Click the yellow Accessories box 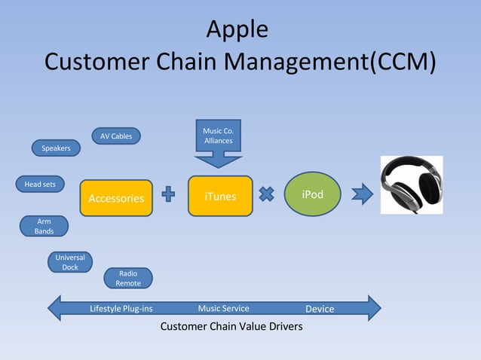click(116, 198)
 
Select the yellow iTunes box click(220, 196)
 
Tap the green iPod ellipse click(312, 195)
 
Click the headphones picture click(411, 185)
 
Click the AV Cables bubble click(116, 136)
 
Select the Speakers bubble click(56, 148)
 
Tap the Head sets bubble click(40, 184)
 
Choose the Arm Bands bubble click(44, 226)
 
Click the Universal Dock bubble click(70, 262)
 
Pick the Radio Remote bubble click(127, 278)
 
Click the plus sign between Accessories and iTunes click(169, 196)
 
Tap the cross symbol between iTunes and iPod click(266, 195)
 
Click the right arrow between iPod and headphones click(362, 195)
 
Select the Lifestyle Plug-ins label click(121, 308)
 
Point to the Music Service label click(223, 308)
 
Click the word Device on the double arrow click(320, 309)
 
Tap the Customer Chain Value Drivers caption click(231, 327)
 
